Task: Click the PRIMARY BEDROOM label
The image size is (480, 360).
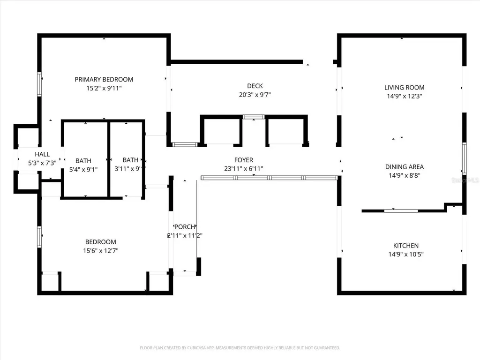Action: [x=104, y=79]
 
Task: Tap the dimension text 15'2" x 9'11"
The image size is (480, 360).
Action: [x=104, y=88]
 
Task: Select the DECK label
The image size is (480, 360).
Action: [x=255, y=86]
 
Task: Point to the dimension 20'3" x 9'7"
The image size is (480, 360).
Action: [x=255, y=94]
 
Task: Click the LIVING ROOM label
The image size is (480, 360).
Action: [x=404, y=87]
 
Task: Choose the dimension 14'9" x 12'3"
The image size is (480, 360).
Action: [x=404, y=96]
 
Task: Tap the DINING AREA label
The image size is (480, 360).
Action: [x=404, y=166]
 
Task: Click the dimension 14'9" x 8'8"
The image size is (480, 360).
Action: [x=404, y=175]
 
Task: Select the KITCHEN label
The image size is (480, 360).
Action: [x=405, y=246]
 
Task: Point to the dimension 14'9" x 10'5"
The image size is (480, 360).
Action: [x=405, y=254]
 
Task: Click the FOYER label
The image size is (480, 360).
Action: [x=244, y=160]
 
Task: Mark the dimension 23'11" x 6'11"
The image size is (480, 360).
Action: [x=244, y=168]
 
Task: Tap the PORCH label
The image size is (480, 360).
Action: [x=185, y=227]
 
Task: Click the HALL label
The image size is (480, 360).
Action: [x=42, y=154]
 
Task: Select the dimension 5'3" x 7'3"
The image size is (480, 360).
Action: [x=42, y=163]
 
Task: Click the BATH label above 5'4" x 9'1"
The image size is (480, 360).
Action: [x=83, y=160]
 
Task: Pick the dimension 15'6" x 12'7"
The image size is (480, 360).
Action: [x=100, y=250]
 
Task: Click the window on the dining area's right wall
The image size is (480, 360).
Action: [x=464, y=158]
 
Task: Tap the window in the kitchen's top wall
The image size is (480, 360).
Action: [x=401, y=210]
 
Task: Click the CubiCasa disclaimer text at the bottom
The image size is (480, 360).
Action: [x=240, y=348]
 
